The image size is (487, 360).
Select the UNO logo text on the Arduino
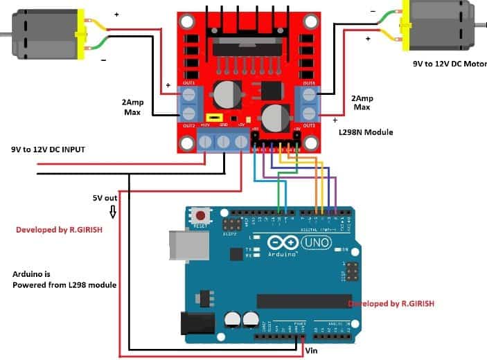coord(319,242)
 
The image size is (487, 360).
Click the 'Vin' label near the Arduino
coord(313,351)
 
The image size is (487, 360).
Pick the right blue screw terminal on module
coord(307,103)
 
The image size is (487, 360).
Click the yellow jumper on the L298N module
coord(215,118)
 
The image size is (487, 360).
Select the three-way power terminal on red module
coord(224,141)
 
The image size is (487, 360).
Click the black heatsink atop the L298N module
coord(247,28)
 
